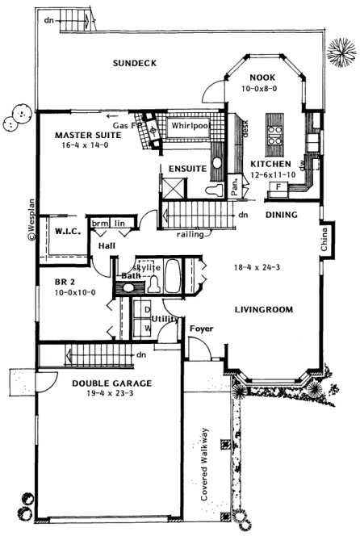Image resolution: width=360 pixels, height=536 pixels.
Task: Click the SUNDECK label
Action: (x=134, y=63)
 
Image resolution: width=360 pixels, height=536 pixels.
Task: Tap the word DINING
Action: (x=281, y=215)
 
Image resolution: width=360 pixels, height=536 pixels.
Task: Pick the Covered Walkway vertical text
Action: (x=205, y=463)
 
